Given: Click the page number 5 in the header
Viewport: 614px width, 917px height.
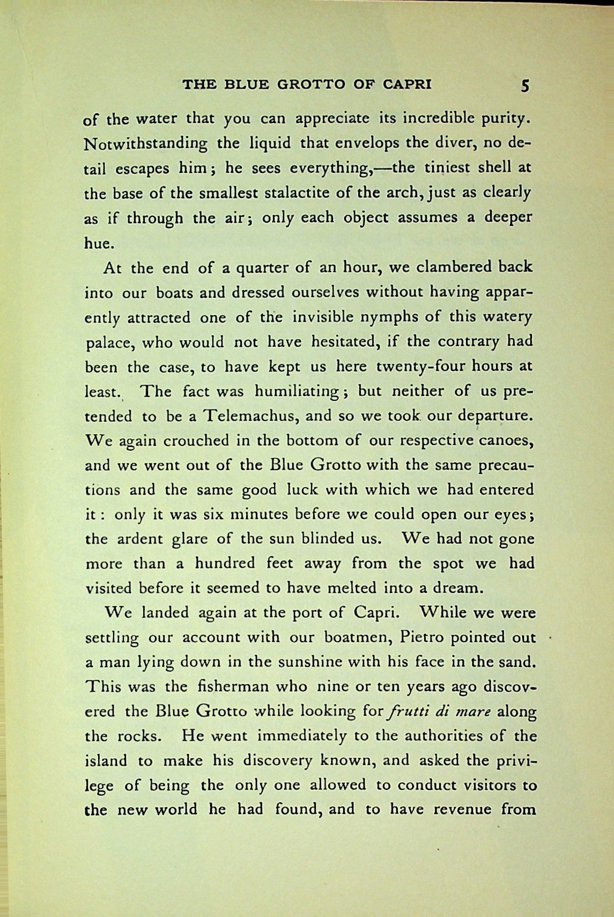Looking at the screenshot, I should click(525, 85).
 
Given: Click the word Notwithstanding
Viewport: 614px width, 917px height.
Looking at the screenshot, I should click(146, 144).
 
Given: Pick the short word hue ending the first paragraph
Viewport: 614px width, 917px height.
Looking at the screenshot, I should click(99, 243).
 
